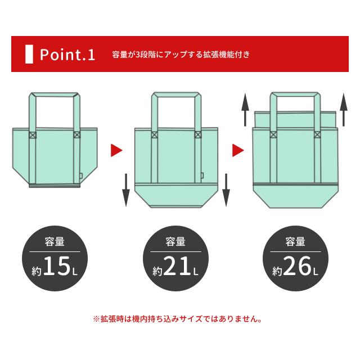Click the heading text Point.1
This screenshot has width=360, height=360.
[67, 55]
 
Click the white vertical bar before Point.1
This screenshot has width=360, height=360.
[29, 55]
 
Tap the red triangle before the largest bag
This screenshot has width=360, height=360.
[238, 150]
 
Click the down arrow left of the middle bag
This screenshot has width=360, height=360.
[126, 190]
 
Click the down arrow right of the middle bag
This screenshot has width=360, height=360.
[226, 190]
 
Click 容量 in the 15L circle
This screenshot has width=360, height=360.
[55, 242]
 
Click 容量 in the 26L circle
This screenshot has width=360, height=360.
[295, 242]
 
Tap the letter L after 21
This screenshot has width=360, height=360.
[196, 272]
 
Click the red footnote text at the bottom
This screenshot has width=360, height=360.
[177, 319]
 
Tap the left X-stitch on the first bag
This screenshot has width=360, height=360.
[32, 135]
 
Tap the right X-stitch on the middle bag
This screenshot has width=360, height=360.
[198, 135]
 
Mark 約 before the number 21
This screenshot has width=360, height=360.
[158, 271]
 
